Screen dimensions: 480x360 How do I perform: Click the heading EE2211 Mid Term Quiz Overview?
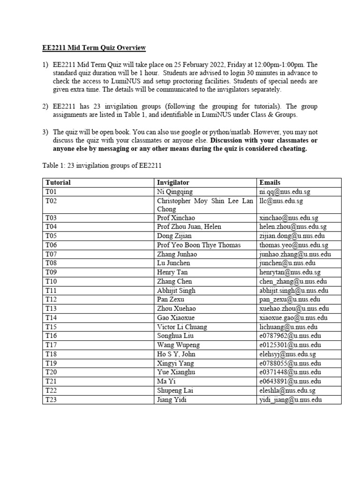[92, 48]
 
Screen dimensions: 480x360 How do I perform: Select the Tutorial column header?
[58, 182]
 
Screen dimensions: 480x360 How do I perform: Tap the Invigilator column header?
[173, 182]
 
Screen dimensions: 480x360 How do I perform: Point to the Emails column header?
[270, 182]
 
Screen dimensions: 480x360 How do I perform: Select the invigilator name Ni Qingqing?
[175, 191]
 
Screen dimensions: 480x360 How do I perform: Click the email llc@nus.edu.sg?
[281, 201]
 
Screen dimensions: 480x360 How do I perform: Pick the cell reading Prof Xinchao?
[176, 218]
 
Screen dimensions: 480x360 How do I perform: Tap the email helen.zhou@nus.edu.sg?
[292, 227]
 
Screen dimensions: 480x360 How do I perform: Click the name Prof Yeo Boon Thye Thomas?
[199, 245]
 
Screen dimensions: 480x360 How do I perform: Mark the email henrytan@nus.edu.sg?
[290, 272]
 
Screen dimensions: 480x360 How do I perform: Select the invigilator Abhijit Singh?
[176, 291]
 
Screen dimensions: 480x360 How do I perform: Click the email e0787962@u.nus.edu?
[290, 336]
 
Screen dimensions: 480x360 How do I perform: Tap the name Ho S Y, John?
[176, 354]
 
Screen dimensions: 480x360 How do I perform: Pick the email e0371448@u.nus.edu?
[290, 372]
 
